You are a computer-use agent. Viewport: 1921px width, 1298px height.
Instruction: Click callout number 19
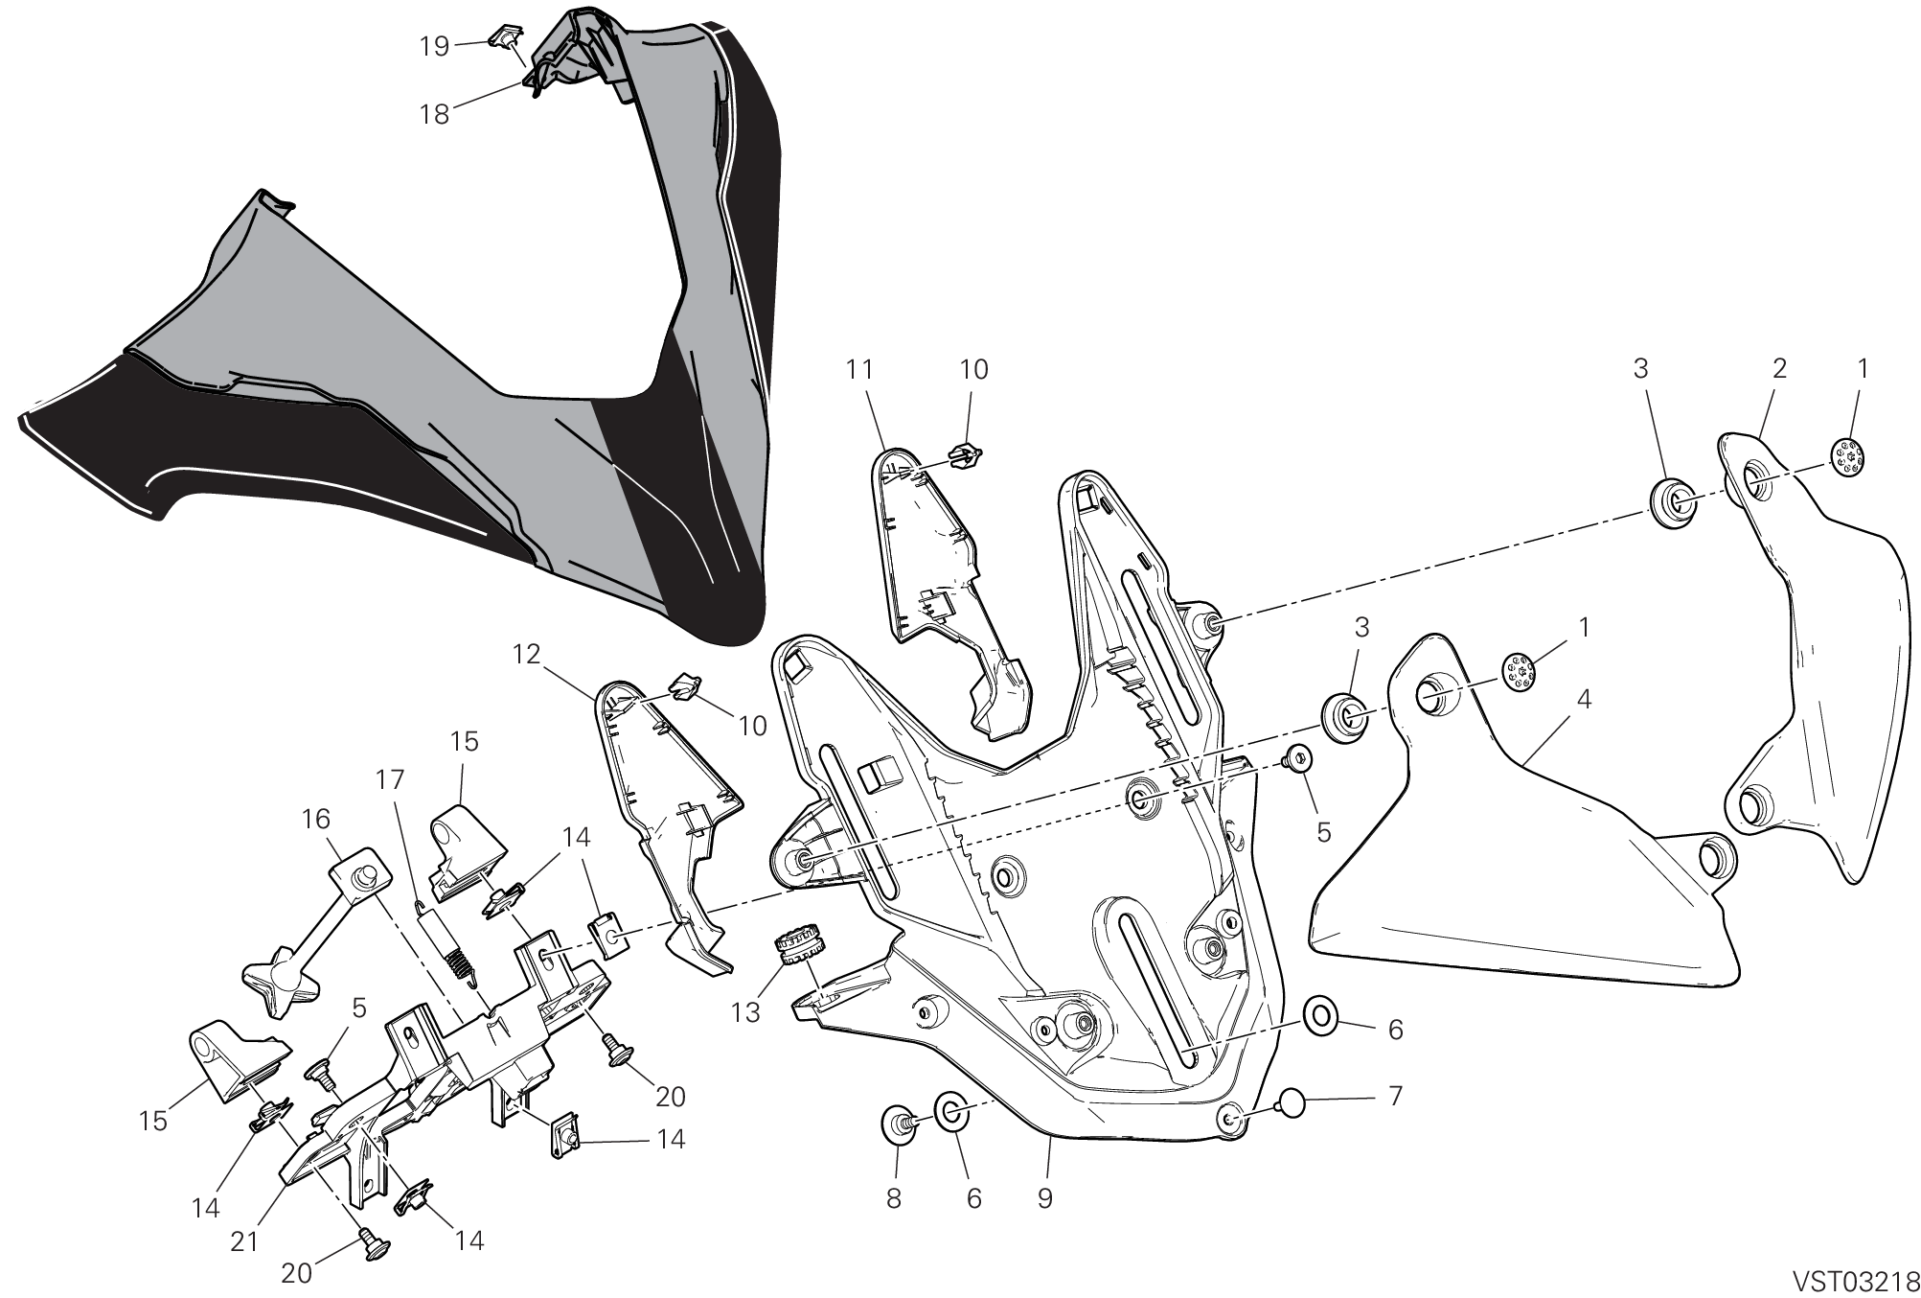(x=435, y=46)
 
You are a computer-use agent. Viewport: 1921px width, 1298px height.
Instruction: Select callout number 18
(x=434, y=115)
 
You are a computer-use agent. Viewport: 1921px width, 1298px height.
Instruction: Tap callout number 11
(x=860, y=369)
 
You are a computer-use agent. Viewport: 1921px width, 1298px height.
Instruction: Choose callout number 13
(x=745, y=1012)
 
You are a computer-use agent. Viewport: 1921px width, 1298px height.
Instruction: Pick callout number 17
(x=391, y=779)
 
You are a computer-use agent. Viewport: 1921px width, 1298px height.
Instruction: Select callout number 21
(x=244, y=1241)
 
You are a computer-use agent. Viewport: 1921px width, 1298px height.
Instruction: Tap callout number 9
(x=1044, y=1197)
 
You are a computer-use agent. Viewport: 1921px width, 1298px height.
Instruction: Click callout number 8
(x=894, y=1198)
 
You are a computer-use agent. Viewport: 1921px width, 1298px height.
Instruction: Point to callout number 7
(x=1395, y=1095)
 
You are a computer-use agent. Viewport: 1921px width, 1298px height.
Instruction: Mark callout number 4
(x=1584, y=700)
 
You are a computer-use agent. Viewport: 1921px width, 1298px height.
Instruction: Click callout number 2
(x=1779, y=368)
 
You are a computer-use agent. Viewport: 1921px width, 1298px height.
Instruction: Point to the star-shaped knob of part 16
(x=275, y=985)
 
